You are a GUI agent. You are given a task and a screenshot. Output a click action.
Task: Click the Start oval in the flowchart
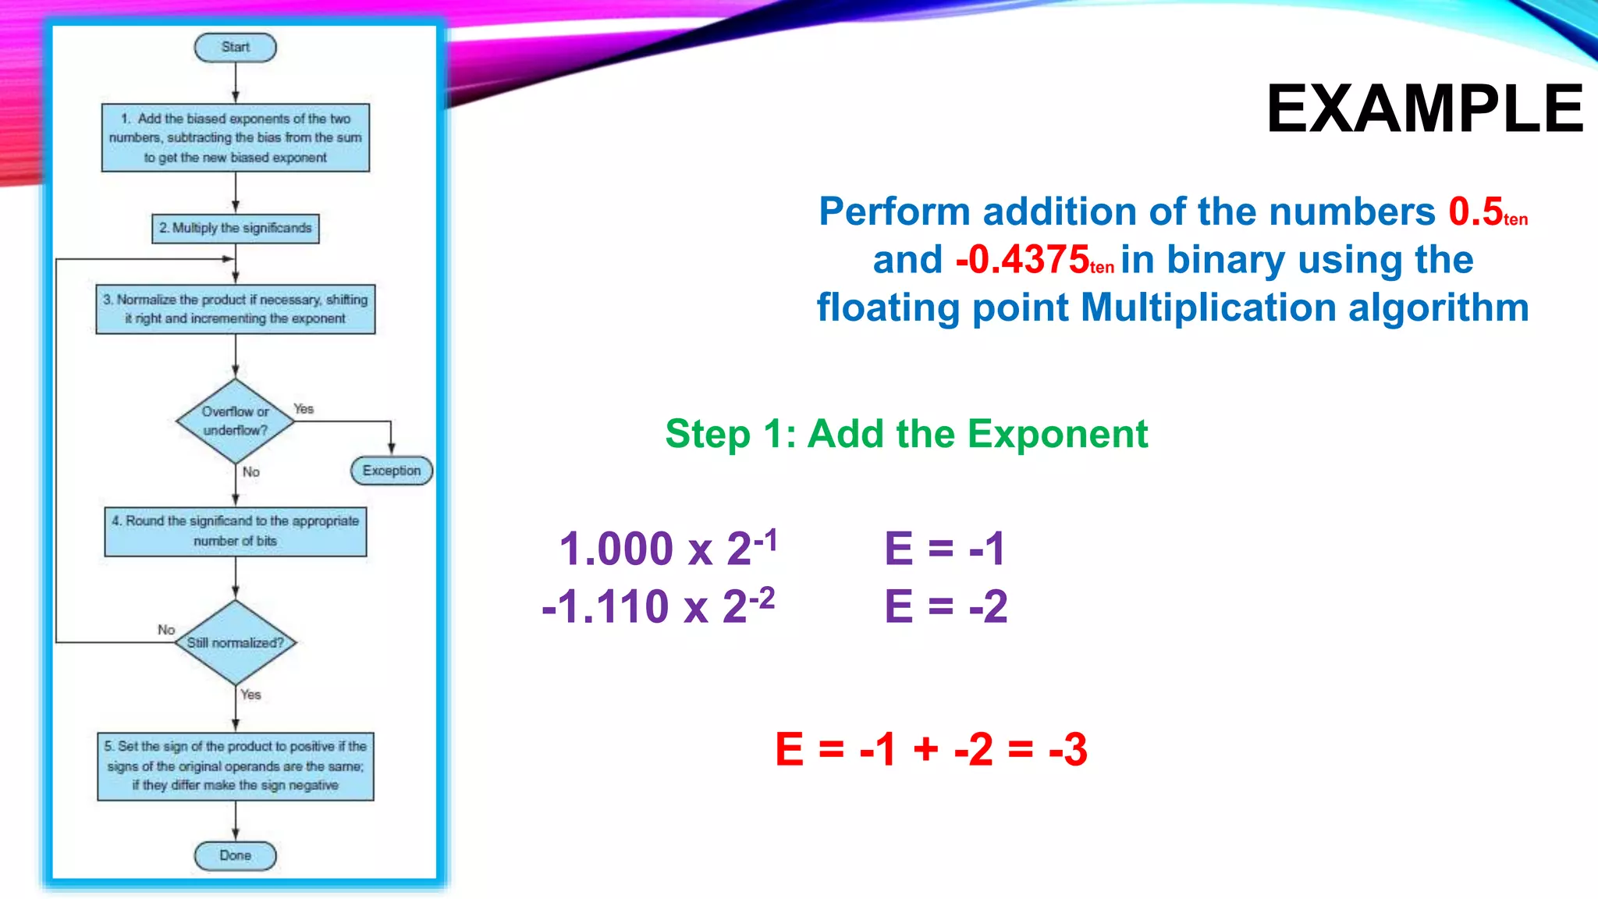pos(235,48)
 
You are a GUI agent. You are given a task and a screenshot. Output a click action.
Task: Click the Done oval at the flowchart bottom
pos(235,855)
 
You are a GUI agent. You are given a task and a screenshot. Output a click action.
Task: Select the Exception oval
pos(391,471)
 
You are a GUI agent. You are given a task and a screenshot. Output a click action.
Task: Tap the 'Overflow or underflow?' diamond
pos(235,421)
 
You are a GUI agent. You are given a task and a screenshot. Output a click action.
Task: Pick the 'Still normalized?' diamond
pos(235,642)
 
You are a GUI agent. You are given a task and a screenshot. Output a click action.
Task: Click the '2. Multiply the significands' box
pos(235,228)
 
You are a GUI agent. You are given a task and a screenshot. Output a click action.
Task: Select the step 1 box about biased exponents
pos(235,138)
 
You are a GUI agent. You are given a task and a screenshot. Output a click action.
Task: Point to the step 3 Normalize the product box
pos(235,309)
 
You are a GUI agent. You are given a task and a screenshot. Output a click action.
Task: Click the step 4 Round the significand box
pos(235,531)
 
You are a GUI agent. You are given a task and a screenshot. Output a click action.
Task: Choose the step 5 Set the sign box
pos(235,766)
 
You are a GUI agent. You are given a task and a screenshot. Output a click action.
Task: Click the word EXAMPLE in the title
pos(1425,109)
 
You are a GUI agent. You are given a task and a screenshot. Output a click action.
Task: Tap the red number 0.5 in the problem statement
pos(1475,211)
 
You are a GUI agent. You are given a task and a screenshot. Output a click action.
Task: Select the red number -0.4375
pos(1022,260)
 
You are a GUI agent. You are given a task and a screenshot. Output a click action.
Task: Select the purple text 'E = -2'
pos(946,606)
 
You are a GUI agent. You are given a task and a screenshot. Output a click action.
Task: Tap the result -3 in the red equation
pos(1067,749)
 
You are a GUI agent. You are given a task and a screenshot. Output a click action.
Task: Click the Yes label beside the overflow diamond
pos(304,409)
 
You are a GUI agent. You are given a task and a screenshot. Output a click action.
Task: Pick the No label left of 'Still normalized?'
pos(166,630)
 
